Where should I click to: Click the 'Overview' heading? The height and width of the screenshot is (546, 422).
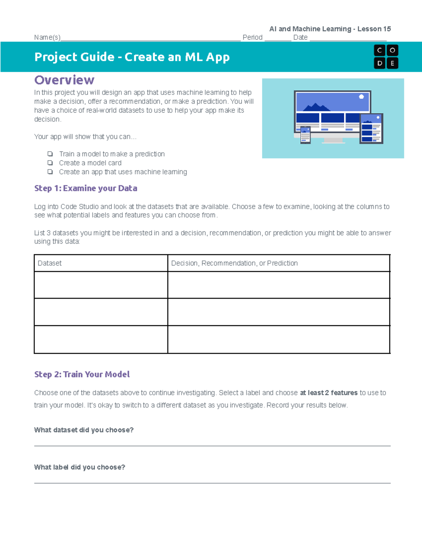(x=64, y=80)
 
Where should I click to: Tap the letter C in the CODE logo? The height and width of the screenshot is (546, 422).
(x=379, y=50)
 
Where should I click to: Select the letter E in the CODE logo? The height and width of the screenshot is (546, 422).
(x=392, y=63)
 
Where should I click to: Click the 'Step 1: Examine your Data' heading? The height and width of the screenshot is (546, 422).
(x=85, y=188)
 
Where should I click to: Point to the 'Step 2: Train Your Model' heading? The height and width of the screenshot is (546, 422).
(x=82, y=374)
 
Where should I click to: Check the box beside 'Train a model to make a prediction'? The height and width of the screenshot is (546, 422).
(x=50, y=154)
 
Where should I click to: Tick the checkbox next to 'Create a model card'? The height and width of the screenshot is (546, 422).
(x=50, y=163)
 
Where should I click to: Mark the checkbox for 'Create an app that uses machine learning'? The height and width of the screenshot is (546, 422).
(x=50, y=172)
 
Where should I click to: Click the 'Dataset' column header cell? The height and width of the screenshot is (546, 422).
(x=101, y=263)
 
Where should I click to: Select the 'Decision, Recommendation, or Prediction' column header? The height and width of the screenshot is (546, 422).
(x=279, y=263)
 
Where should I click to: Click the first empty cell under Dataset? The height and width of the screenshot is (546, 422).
(x=101, y=285)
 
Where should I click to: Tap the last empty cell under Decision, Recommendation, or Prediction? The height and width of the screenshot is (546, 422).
(x=279, y=340)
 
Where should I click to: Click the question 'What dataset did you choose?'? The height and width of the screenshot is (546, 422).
(x=84, y=430)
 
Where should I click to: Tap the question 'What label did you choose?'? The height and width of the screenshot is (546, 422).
(x=79, y=467)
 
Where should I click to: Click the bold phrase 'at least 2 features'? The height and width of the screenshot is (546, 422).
(x=328, y=393)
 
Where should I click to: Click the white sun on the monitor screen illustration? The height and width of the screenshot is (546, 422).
(x=361, y=97)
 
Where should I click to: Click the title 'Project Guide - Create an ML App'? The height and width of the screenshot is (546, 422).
(x=132, y=57)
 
